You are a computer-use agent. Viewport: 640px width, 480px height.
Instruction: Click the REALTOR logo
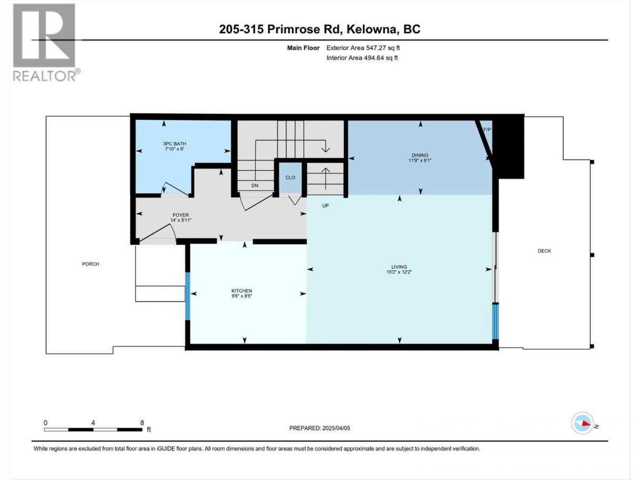(x=46, y=42)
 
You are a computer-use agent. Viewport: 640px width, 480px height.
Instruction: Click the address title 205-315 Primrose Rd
(x=280, y=29)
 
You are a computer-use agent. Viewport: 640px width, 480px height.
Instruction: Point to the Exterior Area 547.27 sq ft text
(x=363, y=48)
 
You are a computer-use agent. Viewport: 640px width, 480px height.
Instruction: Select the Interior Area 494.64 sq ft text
(x=362, y=58)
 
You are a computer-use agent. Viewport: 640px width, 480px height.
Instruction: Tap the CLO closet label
(x=290, y=177)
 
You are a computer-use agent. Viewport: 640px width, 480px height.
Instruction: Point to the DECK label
(x=544, y=251)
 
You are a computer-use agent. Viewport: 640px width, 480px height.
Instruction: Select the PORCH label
(x=91, y=264)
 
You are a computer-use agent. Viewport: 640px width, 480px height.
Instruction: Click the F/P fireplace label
(x=487, y=129)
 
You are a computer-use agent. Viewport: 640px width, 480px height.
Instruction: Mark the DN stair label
(x=255, y=185)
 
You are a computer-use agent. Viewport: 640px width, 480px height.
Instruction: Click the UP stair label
(x=325, y=205)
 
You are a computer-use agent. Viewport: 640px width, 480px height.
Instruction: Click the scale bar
(x=93, y=429)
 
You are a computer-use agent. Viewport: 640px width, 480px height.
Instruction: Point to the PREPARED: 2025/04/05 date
(x=319, y=428)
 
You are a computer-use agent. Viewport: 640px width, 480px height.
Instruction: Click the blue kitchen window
(x=188, y=296)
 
